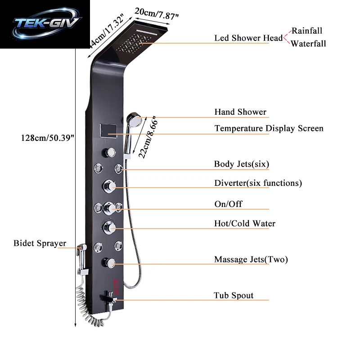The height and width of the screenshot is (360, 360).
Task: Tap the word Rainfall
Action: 307,31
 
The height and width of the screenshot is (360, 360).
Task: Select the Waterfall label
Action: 308,43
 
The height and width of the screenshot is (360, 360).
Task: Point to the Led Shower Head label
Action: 248,38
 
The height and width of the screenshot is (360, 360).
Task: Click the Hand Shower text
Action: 240,112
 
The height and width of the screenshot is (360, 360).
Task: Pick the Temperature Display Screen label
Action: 269,128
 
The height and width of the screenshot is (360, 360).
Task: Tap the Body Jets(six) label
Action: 242,164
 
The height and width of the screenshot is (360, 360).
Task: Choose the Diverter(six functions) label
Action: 258,183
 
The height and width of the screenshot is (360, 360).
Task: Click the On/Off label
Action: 228,204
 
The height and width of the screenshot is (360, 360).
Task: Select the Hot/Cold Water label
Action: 245,223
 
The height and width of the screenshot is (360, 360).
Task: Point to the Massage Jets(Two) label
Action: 251,260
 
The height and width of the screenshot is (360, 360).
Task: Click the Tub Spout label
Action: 234,295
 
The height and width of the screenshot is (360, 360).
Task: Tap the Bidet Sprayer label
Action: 40,243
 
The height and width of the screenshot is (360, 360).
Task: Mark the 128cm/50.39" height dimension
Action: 48,138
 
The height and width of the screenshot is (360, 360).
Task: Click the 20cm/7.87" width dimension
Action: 157,14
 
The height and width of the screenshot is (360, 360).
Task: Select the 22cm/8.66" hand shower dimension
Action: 148,137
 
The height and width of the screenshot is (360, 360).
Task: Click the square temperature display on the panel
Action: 108,130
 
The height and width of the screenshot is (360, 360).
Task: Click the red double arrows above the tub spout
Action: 117,286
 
